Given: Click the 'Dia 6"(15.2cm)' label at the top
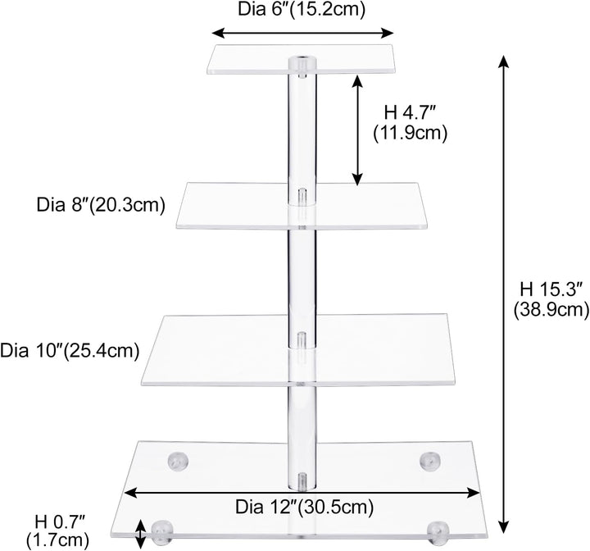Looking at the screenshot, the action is coord(302,9).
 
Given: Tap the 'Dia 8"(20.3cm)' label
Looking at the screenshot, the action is coord(101,205).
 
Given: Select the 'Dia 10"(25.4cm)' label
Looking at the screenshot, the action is coord(70,351).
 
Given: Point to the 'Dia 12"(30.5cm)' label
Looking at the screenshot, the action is coord(304,507).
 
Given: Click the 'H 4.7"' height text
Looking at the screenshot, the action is coord(410,113).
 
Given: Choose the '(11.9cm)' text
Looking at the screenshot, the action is coord(411,134).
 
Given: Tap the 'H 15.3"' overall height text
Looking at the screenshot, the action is coord(551,290).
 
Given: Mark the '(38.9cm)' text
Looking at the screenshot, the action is coord(551,310).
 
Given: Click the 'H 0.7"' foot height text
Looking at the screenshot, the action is coord(60,522).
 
